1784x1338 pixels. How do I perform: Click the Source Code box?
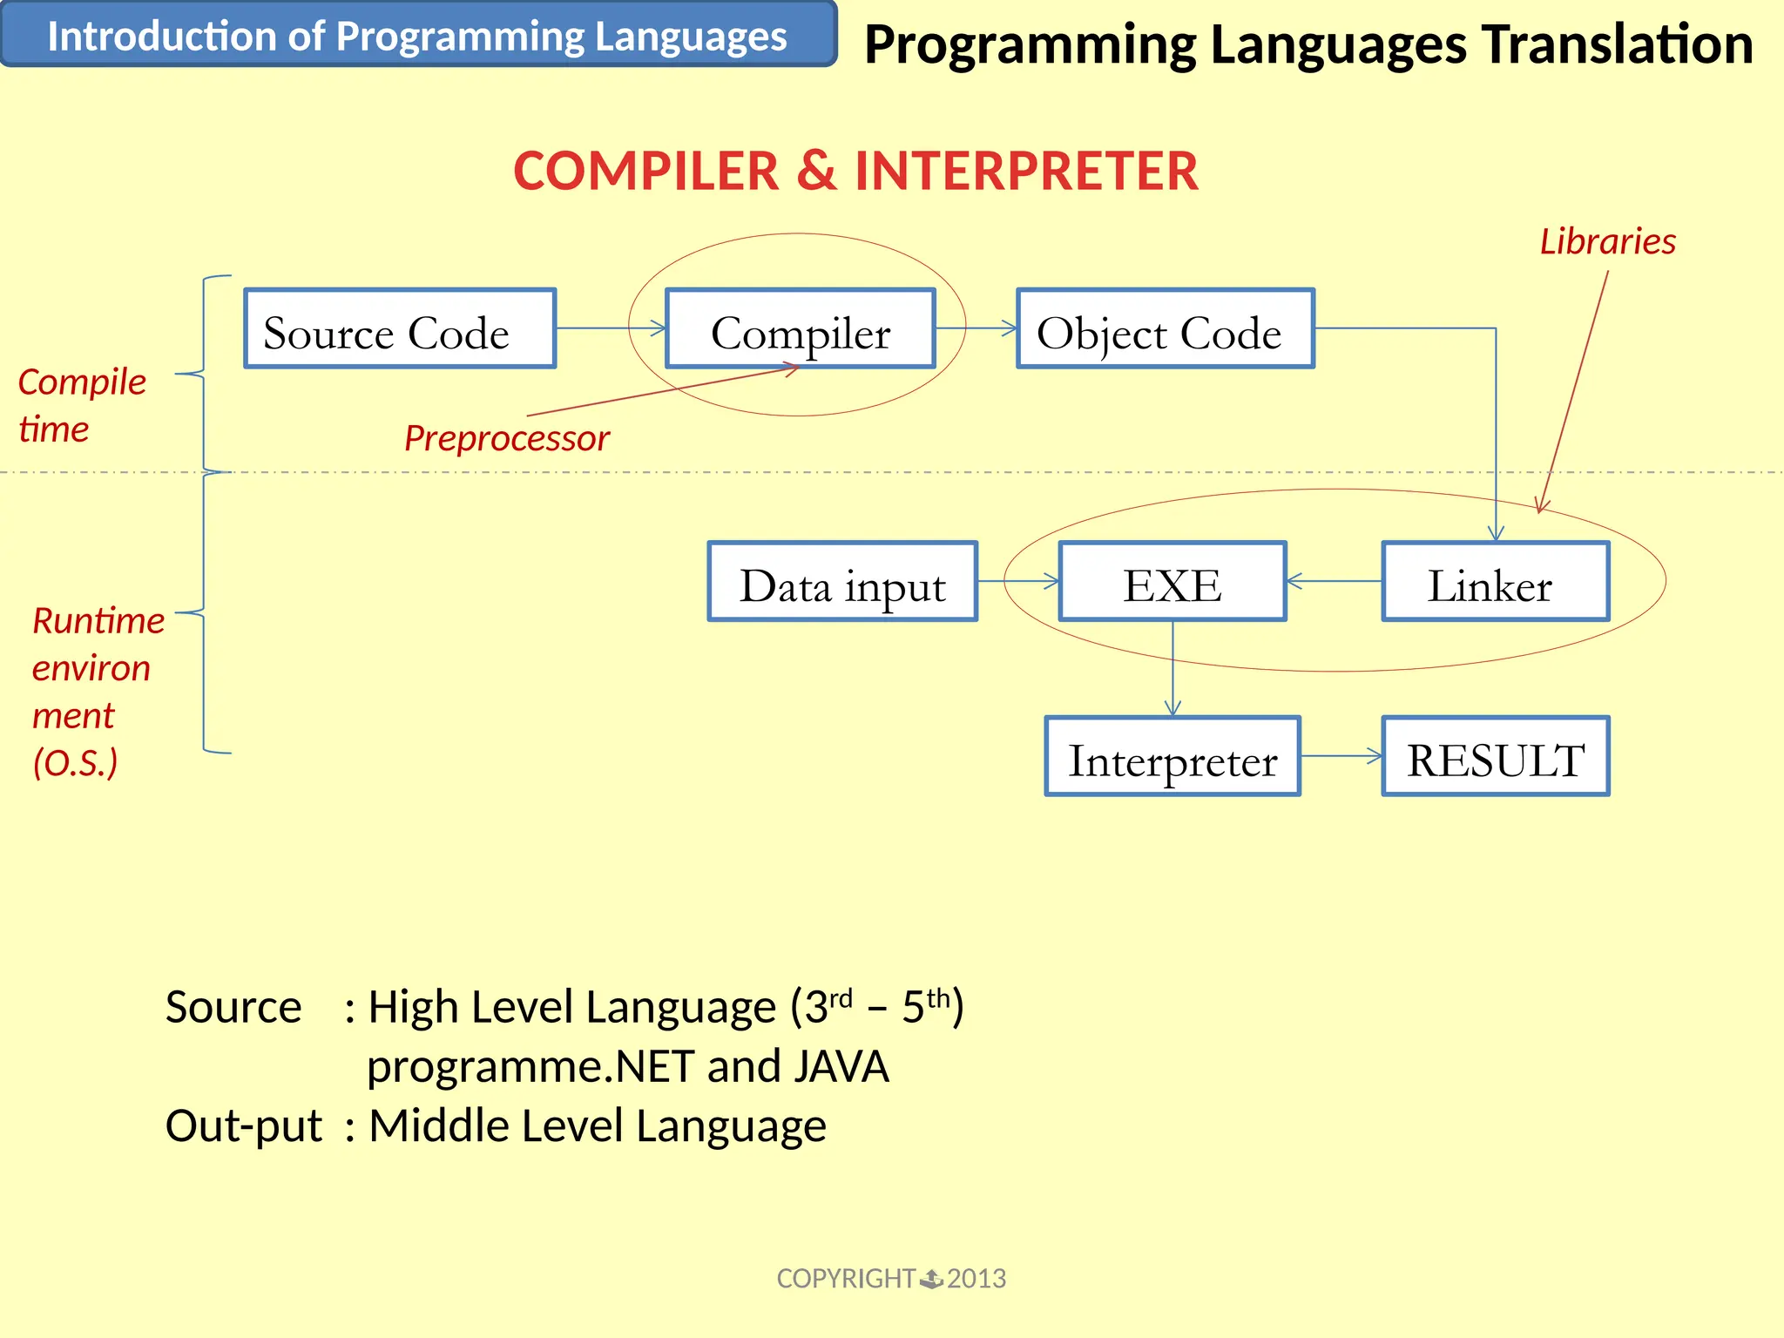[400, 328]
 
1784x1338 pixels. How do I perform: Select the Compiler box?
[800, 328]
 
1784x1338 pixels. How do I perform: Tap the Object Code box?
[1165, 328]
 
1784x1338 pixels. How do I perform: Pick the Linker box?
[1495, 582]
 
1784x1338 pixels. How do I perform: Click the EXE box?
[1172, 582]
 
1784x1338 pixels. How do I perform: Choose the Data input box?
[842, 582]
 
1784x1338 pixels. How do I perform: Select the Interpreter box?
[1172, 756]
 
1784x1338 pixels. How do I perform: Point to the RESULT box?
[1495, 756]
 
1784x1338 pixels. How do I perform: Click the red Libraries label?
[1607, 241]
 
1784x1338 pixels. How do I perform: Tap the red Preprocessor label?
[506, 438]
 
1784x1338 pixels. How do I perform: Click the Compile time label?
[81, 405]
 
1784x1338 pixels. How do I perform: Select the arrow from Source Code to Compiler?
[611, 328]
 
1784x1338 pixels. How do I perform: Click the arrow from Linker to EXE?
[1334, 581]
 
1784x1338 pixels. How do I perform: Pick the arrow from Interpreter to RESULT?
[1341, 756]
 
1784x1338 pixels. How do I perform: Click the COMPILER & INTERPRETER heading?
[855, 171]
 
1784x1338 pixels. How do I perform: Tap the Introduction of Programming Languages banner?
[417, 36]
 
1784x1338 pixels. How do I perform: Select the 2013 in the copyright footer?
[976, 1278]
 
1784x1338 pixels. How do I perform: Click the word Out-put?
[243, 1125]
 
